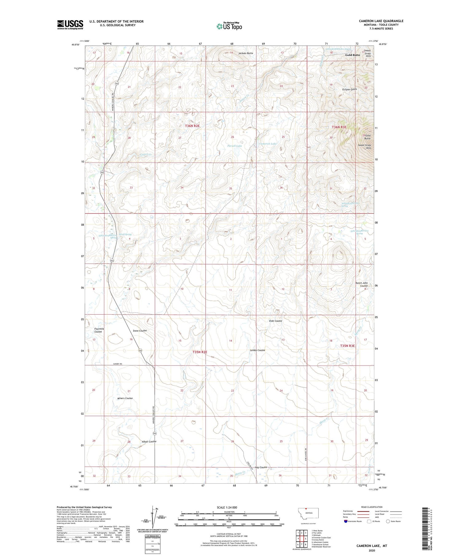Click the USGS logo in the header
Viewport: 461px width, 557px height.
pyautogui.click(x=70, y=25)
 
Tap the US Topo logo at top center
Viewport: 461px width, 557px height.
pyautogui.click(x=229, y=26)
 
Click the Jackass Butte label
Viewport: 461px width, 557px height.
pyautogui.click(x=246, y=53)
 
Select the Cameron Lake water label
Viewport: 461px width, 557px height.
pyautogui.click(x=268, y=144)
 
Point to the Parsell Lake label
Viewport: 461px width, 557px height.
pyautogui.click(x=234, y=146)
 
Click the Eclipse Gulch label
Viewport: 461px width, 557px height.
pyautogui.click(x=350, y=89)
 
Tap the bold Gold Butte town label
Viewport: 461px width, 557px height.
pyautogui.click(x=352, y=55)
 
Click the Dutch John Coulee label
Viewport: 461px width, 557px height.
pyautogui.click(x=361, y=284)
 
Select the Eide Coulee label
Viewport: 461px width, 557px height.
pyautogui.click(x=275, y=321)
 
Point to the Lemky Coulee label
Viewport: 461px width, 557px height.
pyautogui.click(x=257, y=350)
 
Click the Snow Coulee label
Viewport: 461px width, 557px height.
pyautogui.click(x=140, y=331)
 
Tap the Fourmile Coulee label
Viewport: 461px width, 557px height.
pyautogui.click(x=99, y=330)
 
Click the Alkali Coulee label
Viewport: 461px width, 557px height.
pyautogui.click(x=149, y=441)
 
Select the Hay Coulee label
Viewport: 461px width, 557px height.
pyautogui.click(x=261, y=467)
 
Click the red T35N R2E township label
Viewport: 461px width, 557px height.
pyautogui.click(x=200, y=352)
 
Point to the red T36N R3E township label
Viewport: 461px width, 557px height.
pyautogui.click(x=339, y=127)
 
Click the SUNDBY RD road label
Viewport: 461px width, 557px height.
pyautogui.click(x=116, y=364)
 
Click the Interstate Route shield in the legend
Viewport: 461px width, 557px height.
pyautogui.click(x=346, y=521)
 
